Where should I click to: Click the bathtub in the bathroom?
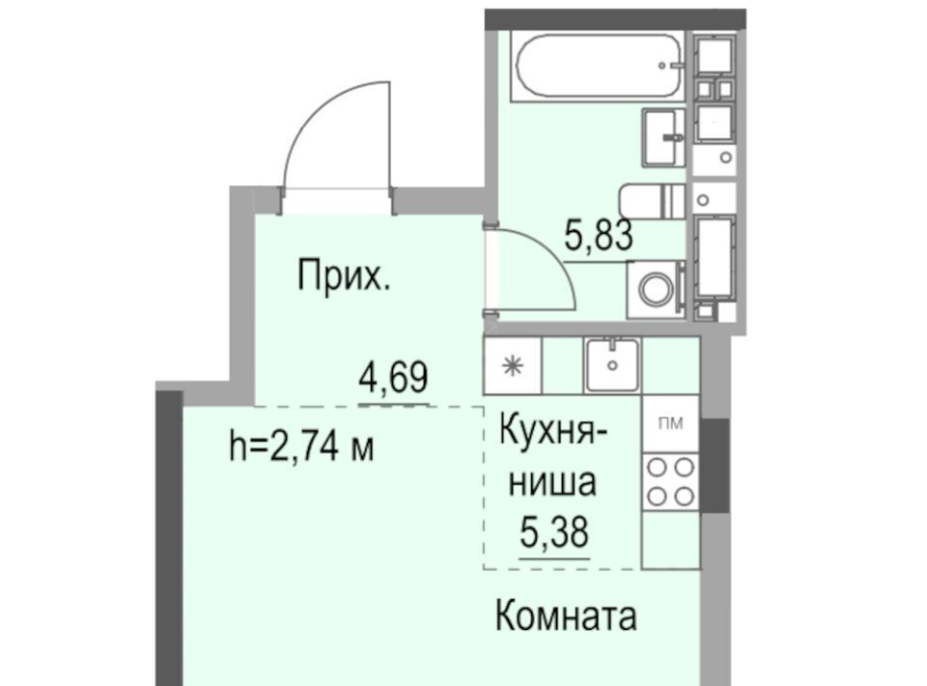point(597,67)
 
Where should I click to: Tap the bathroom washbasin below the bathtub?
point(663,138)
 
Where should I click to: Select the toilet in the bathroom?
point(652,202)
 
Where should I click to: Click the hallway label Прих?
point(344,275)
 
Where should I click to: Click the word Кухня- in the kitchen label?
point(552,430)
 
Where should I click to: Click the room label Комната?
point(566,615)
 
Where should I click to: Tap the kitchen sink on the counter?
point(612,365)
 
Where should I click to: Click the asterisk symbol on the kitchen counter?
point(512,366)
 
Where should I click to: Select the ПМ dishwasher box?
point(670,423)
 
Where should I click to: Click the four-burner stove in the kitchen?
point(670,482)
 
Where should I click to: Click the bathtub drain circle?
point(662,66)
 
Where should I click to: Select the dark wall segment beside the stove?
point(715,466)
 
